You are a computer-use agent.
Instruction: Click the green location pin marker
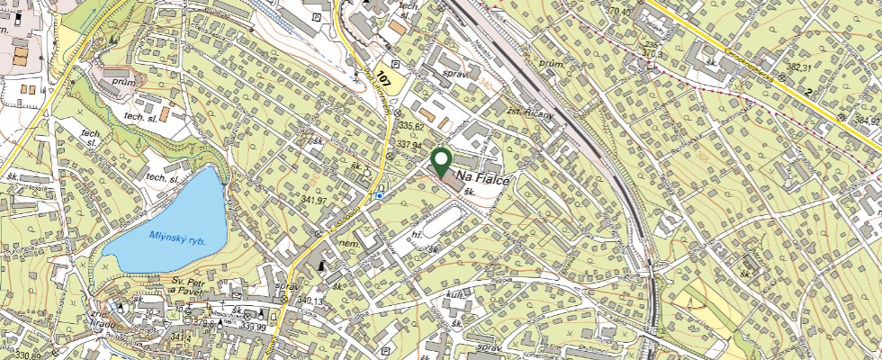[441, 162]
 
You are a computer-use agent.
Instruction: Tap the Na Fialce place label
[483, 177]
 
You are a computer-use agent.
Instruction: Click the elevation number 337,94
[409, 143]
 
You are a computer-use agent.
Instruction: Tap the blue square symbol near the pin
[381, 193]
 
